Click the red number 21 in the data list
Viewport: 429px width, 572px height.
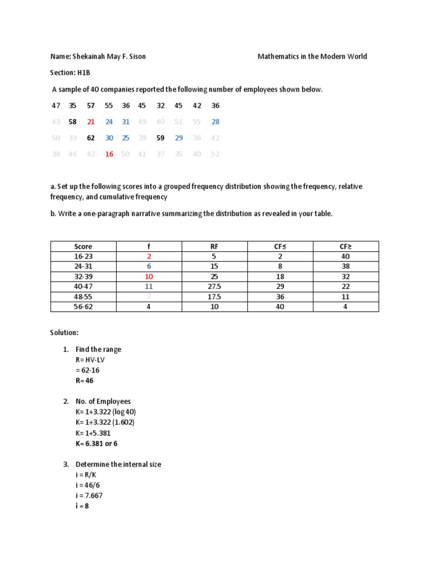point(91,122)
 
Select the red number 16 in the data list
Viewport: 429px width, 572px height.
point(109,154)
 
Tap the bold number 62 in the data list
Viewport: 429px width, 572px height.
point(91,138)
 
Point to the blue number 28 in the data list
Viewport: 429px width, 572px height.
point(216,122)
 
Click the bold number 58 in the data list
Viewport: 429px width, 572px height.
point(72,122)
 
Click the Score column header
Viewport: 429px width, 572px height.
point(83,246)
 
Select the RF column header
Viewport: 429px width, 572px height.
point(214,246)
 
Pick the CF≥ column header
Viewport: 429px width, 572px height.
point(345,246)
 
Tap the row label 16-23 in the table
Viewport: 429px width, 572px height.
point(83,256)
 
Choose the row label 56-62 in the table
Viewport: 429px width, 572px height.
point(83,307)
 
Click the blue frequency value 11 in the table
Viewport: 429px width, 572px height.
point(149,287)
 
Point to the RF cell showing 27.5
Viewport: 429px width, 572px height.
point(214,287)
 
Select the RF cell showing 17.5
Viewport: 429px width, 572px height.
point(214,297)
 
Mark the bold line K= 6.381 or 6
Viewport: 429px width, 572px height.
point(97,444)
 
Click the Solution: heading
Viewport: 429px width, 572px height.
point(64,332)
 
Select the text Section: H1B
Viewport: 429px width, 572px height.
point(70,73)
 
